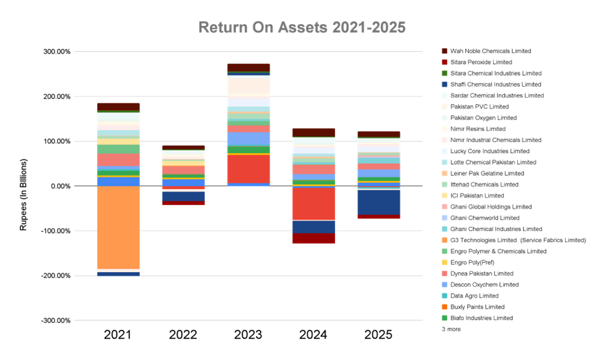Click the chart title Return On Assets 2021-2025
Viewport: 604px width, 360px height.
click(x=302, y=28)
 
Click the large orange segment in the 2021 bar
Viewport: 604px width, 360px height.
click(x=118, y=227)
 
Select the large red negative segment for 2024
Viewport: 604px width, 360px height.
click(x=314, y=203)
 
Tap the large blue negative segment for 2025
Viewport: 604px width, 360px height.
click(x=378, y=202)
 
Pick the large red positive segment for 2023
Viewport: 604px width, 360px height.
click(x=248, y=168)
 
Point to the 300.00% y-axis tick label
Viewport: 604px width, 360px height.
click(x=57, y=51)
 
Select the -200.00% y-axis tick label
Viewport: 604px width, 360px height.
click(x=56, y=276)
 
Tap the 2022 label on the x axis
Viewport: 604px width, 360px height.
click(x=183, y=335)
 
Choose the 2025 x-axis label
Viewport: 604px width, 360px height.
click(x=379, y=335)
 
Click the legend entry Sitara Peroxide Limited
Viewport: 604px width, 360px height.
click(x=481, y=62)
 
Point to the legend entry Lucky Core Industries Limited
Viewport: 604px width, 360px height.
click(x=489, y=151)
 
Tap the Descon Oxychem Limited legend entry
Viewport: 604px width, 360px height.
click(x=485, y=285)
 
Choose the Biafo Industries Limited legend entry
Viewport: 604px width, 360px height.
click(x=481, y=318)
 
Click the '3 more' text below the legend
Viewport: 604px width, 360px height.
click(x=451, y=330)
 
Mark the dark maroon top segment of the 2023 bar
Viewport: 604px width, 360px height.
click(x=248, y=67)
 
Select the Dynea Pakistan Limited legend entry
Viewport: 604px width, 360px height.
click(x=484, y=274)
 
